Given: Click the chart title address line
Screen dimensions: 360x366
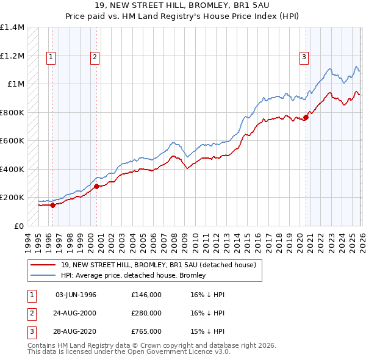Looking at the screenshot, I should (x=182, y=5).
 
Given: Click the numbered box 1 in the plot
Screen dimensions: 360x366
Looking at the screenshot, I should (x=51, y=57).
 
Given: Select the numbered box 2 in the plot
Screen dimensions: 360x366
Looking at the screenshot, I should (x=96, y=57).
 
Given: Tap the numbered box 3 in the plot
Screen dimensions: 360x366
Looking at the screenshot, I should (x=304, y=57).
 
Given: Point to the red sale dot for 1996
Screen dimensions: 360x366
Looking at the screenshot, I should (x=52, y=205).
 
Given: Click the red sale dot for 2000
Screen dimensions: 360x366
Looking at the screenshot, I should (x=96, y=186).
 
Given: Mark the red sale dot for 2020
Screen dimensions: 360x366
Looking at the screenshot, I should (x=306, y=118).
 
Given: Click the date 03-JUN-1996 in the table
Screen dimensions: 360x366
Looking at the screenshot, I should (x=76, y=295).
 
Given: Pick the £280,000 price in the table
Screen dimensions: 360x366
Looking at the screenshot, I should (x=146, y=313).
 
